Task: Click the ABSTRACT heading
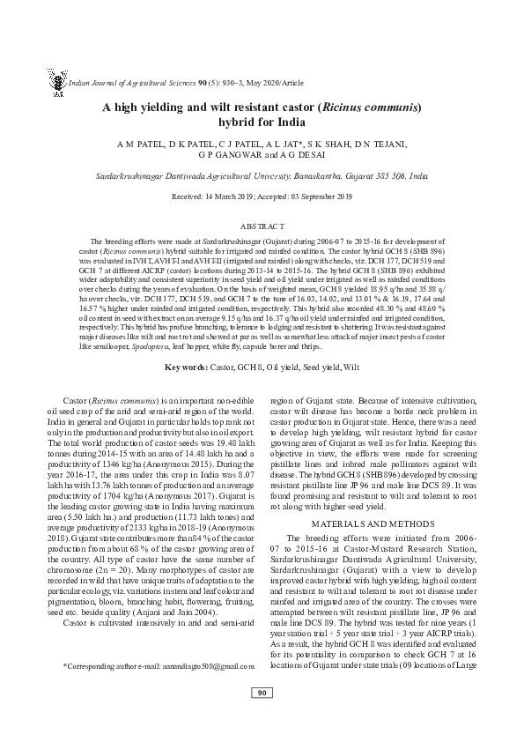262,226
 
